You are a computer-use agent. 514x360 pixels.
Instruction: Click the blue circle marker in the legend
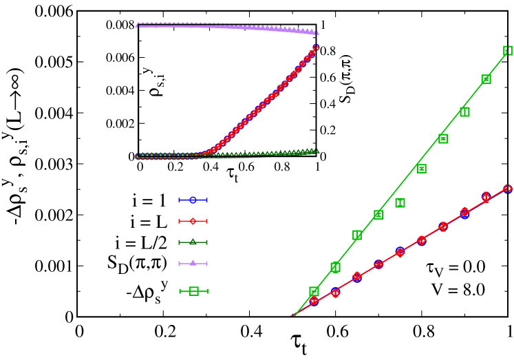(193, 200)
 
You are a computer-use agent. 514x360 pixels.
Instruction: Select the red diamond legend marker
(193, 222)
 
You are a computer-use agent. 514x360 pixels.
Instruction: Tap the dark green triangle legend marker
(193, 242)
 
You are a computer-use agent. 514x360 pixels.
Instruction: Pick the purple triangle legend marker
(193, 263)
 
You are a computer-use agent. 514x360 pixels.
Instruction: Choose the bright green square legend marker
(193, 291)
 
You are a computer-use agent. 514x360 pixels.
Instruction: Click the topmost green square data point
(508, 50)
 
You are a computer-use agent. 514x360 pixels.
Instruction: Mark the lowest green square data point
(314, 291)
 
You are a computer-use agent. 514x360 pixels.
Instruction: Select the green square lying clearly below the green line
(400, 202)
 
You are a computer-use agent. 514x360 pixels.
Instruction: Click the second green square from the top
(486, 79)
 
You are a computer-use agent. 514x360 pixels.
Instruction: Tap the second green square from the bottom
(335, 267)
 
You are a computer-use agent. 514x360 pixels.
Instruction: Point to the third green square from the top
(464, 112)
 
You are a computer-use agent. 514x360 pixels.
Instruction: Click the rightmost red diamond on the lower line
(507, 189)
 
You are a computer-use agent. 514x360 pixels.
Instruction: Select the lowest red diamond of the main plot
(314, 300)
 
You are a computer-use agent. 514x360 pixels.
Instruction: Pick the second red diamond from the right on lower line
(486, 197)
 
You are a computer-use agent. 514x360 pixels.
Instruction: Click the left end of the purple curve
(137, 25)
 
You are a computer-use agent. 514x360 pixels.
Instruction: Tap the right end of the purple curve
(317, 32)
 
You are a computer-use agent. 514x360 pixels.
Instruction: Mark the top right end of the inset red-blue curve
(316, 47)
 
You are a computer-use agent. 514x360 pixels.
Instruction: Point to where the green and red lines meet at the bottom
(294, 316)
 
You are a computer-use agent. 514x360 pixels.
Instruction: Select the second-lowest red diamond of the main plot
(335, 293)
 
